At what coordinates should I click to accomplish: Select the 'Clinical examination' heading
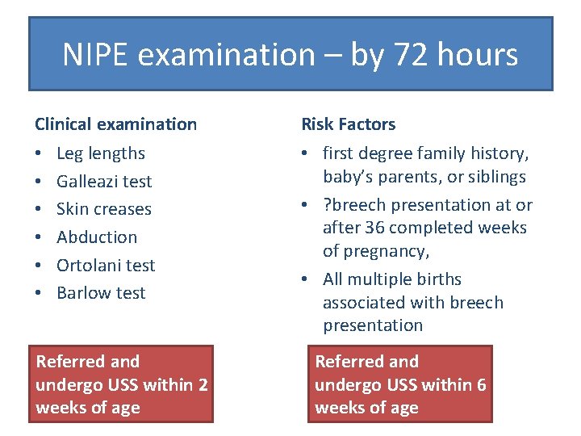click(115, 124)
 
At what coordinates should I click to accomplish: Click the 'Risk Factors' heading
click(348, 124)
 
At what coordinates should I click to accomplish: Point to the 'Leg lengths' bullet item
click(101, 153)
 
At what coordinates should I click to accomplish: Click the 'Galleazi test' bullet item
click(104, 182)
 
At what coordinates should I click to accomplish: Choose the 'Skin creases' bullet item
click(104, 209)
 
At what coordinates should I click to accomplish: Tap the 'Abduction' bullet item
click(97, 237)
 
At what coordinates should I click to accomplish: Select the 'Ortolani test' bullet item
click(106, 265)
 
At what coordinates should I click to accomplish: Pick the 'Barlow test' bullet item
click(101, 293)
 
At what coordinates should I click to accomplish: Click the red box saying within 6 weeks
click(401, 384)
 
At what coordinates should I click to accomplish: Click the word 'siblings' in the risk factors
click(497, 177)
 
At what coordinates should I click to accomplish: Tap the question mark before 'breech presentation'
click(327, 205)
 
